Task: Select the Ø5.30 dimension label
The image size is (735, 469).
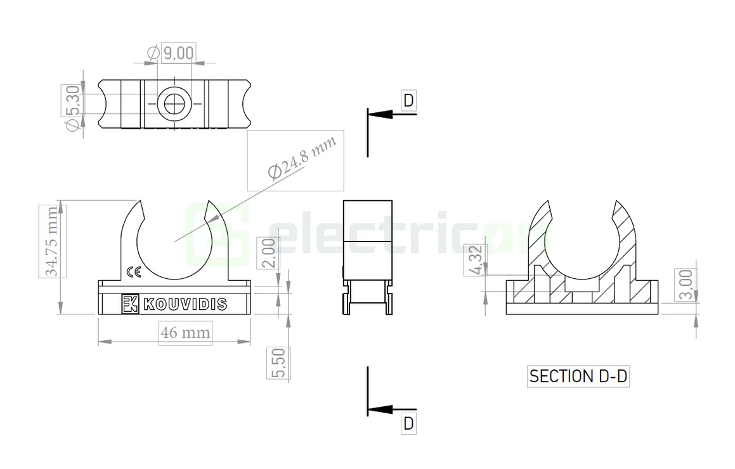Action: point(72,108)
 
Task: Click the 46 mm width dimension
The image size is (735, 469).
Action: point(185,332)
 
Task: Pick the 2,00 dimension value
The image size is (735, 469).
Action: point(269,254)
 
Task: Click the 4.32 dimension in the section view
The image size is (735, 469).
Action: point(476,260)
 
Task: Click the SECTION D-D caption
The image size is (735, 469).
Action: point(578,376)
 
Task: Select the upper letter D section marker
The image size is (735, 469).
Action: point(408,100)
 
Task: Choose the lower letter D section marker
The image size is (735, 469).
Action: point(408,423)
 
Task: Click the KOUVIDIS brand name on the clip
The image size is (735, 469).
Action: point(185,305)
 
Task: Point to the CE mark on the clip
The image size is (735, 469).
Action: point(134,272)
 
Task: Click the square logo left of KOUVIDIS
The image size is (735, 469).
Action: point(130,304)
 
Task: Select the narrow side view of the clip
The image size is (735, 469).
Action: point(367,257)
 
